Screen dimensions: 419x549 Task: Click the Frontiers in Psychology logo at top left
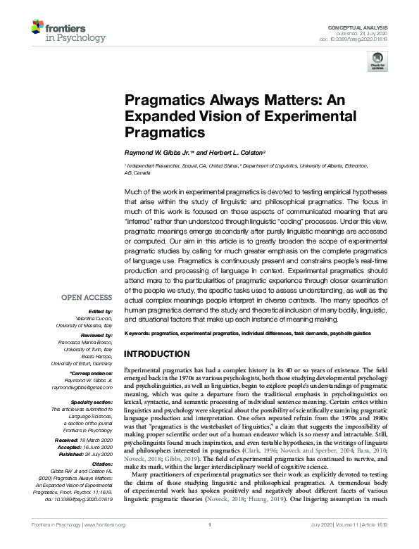pyautogui.click(x=59, y=32)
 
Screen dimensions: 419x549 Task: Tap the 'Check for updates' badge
pyautogui.click(x=377, y=63)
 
